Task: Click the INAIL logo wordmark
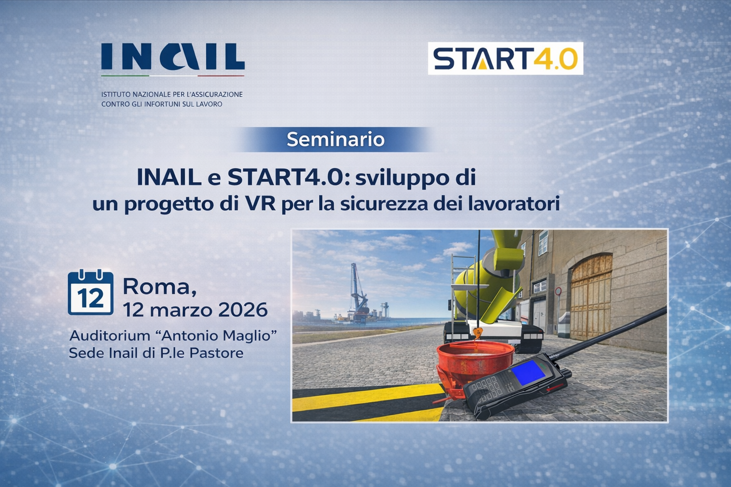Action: (172, 57)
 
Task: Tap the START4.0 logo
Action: (505, 58)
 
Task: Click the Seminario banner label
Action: (336, 139)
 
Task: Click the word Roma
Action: (159, 286)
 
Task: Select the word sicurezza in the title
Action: (381, 204)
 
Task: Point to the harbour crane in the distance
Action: (356, 290)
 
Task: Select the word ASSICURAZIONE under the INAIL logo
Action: (217, 94)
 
